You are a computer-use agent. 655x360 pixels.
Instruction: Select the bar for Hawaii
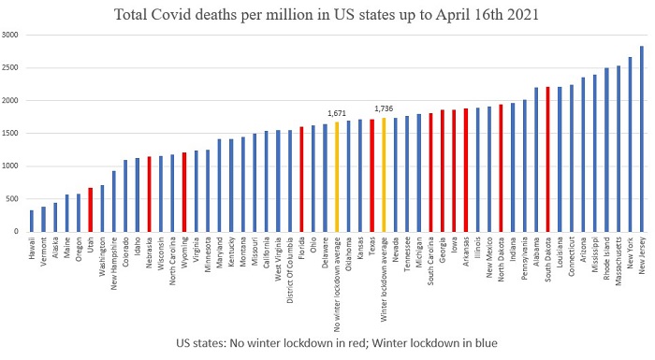click(x=32, y=222)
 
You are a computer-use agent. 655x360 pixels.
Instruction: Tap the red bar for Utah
click(x=91, y=210)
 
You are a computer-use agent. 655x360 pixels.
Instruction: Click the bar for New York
click(x=630, y=145)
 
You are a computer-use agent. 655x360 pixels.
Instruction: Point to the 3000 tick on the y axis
click(x=11, y=36)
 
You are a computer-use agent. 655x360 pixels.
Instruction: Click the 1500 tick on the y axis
click(x=11, y=134)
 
